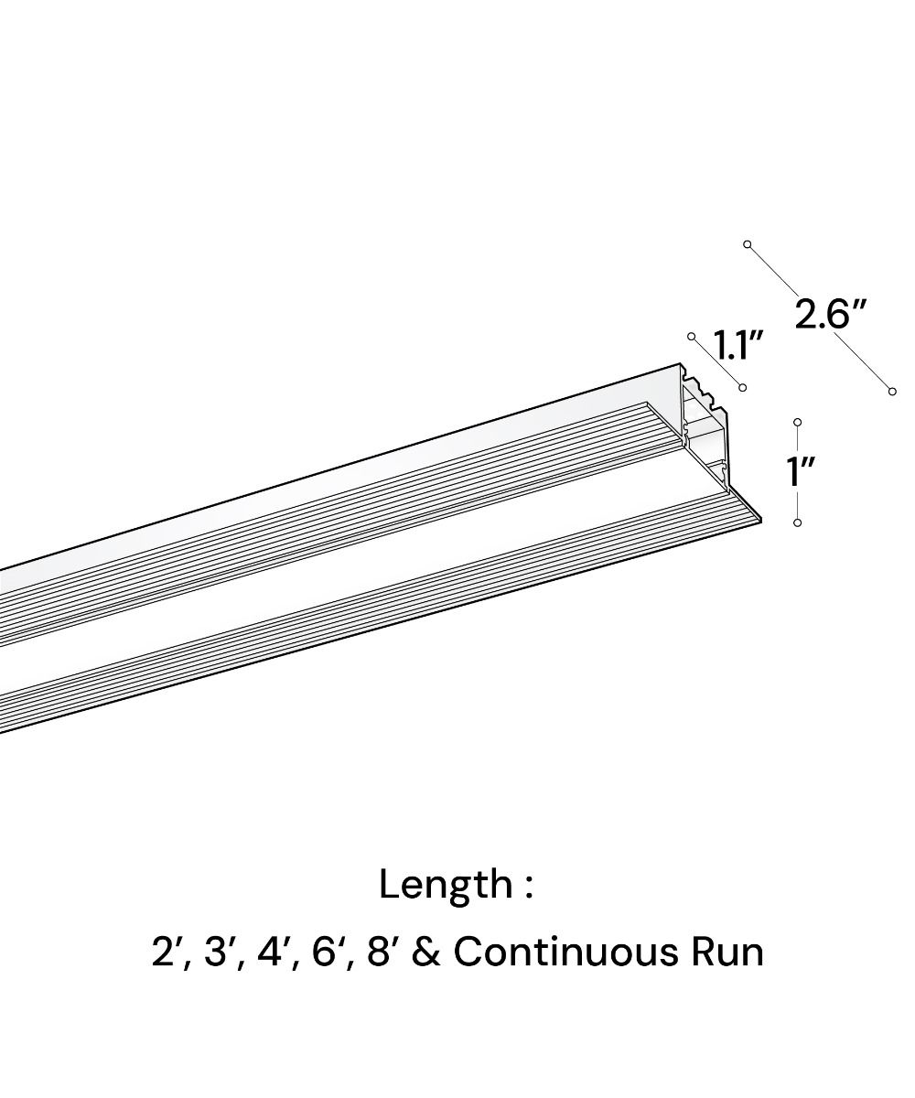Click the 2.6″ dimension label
[x=829, y=315]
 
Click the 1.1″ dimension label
[x=737, y=345]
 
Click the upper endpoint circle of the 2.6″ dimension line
[x=748, y=244]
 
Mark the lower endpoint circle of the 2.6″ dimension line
[x=892, y=392]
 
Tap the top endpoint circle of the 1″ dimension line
[x=798, y=423]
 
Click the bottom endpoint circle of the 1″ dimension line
[x=798, y=522]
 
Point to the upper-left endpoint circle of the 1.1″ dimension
[x=692, y=338]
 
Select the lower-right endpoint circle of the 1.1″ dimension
[x=742, y=388]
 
